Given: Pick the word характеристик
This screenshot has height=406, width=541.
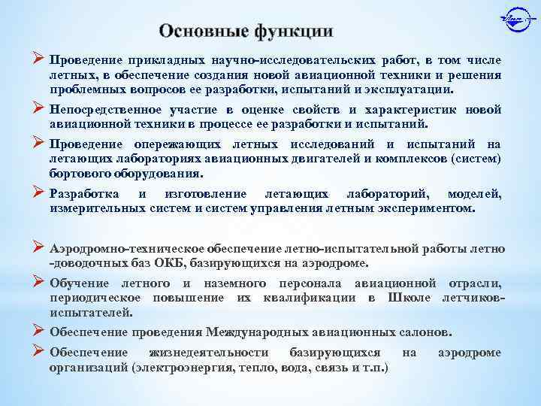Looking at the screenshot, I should [413, 111].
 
